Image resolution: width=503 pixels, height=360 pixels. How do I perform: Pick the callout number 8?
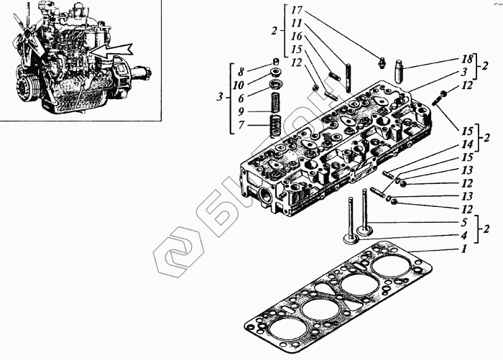(241, 71)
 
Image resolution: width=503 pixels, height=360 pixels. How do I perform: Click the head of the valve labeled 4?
(351, 236)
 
